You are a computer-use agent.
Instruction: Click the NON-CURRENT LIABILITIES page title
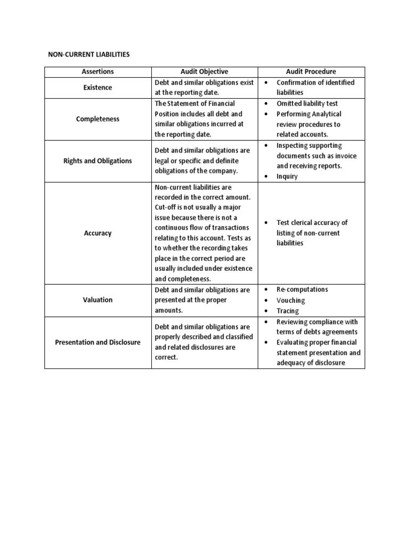click(x=89, y=54)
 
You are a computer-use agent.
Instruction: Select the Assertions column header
click(x=97, y=71)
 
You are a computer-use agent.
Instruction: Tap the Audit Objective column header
click(x=204, y=71)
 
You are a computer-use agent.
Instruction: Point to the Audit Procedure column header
click(x=311, y=71)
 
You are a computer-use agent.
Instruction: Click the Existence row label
click(x=97, y=87)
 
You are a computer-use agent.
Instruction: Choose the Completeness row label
click(x=97, y=119)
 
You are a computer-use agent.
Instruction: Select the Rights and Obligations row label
click(x=97, y=160)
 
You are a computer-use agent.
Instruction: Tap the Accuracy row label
click(x=97, y=233)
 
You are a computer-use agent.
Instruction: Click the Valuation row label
click(x=97, y=300)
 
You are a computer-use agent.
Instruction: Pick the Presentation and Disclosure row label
click(x=97, y=342)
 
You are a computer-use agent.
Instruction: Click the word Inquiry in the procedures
click(x=287, y=176)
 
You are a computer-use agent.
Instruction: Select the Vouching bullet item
click(x=291, y=300)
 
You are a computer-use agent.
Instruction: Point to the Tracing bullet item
click(x=288, y=311)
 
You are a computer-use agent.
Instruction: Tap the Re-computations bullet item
click(x=302, y=290)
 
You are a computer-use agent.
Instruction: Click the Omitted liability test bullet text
click(x=307, y=103)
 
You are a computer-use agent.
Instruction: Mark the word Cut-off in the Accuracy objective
click(x=166, y=207)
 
